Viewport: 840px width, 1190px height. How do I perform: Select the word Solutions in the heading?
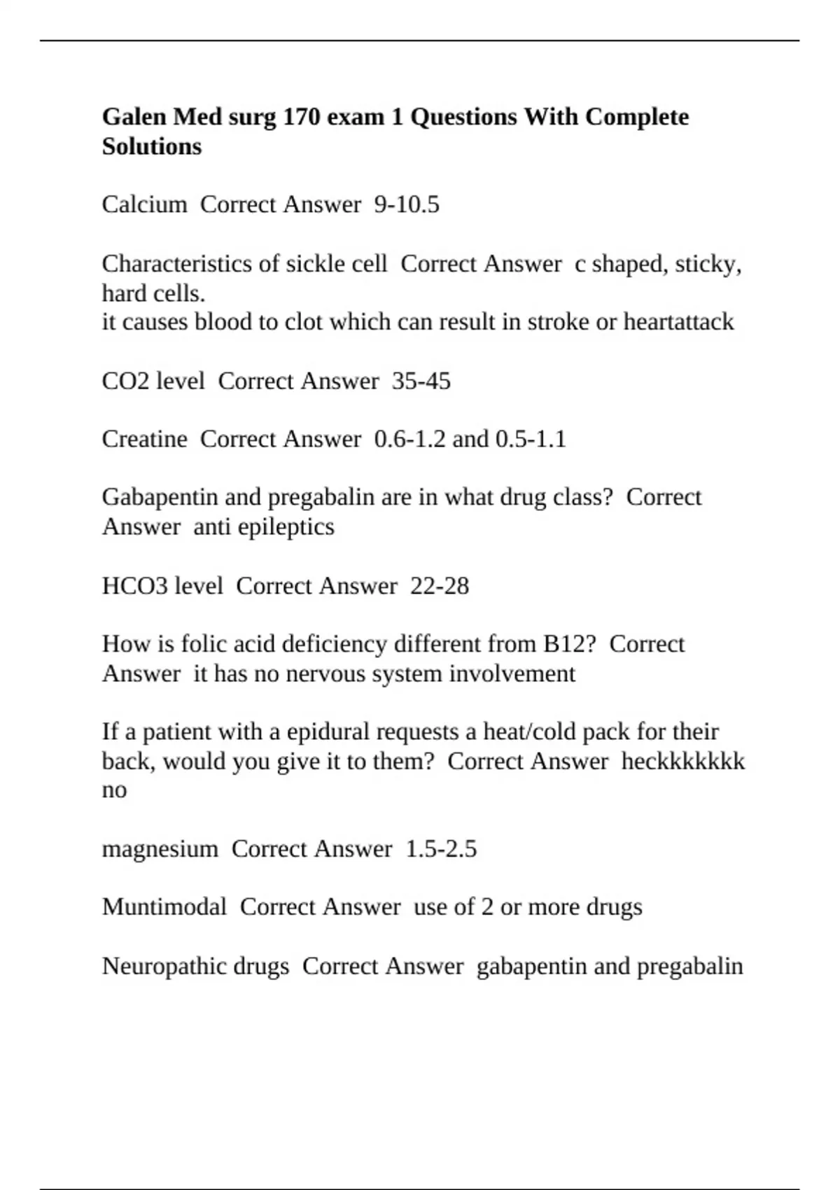coord(152,146)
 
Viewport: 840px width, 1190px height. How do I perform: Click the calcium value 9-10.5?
coord(407,204)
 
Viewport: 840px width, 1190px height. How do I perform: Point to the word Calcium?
coord(144,204)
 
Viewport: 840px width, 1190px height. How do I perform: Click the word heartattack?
coord(678,322)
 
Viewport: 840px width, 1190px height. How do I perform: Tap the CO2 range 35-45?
coord(421,381)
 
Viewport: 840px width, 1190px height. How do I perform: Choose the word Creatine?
coord(144,439)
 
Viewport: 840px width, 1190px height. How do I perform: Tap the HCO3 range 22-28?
coord(440,585)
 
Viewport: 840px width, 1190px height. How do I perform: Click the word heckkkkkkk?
coord(683,761)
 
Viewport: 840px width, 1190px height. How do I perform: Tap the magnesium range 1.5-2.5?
coord(441,848)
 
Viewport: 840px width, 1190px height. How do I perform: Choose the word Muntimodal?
coord(164,906)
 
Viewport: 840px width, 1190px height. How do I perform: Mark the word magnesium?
coord(160,848)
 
